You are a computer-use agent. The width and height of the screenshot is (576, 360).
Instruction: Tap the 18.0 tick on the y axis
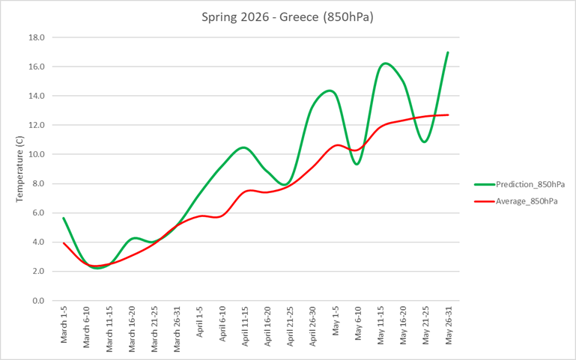(x=37, y=37)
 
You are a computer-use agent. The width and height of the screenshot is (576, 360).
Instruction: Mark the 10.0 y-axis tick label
(x=37, y=155)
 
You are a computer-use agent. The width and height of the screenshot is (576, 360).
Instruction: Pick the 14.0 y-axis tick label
(x=37, y=96)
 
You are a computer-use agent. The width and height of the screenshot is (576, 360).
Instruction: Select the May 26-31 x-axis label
(x=448, y=326)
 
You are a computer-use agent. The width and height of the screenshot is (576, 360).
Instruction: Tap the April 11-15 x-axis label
(x=245, y=326)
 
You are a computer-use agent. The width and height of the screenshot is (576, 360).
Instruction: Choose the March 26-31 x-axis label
(x=178, y=328)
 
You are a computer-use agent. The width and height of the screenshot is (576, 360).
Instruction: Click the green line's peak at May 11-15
(x=384, y=64)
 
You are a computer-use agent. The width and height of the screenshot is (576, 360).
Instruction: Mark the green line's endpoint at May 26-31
(x=448, y=52)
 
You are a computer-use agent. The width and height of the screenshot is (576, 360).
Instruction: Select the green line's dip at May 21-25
(x=425, y=141)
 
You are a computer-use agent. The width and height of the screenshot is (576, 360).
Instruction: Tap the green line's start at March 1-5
(x=64, y=218)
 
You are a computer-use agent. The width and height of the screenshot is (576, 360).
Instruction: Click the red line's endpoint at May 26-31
(x=448, y=115)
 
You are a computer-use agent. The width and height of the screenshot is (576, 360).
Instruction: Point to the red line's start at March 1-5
(x=64, y=242)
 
